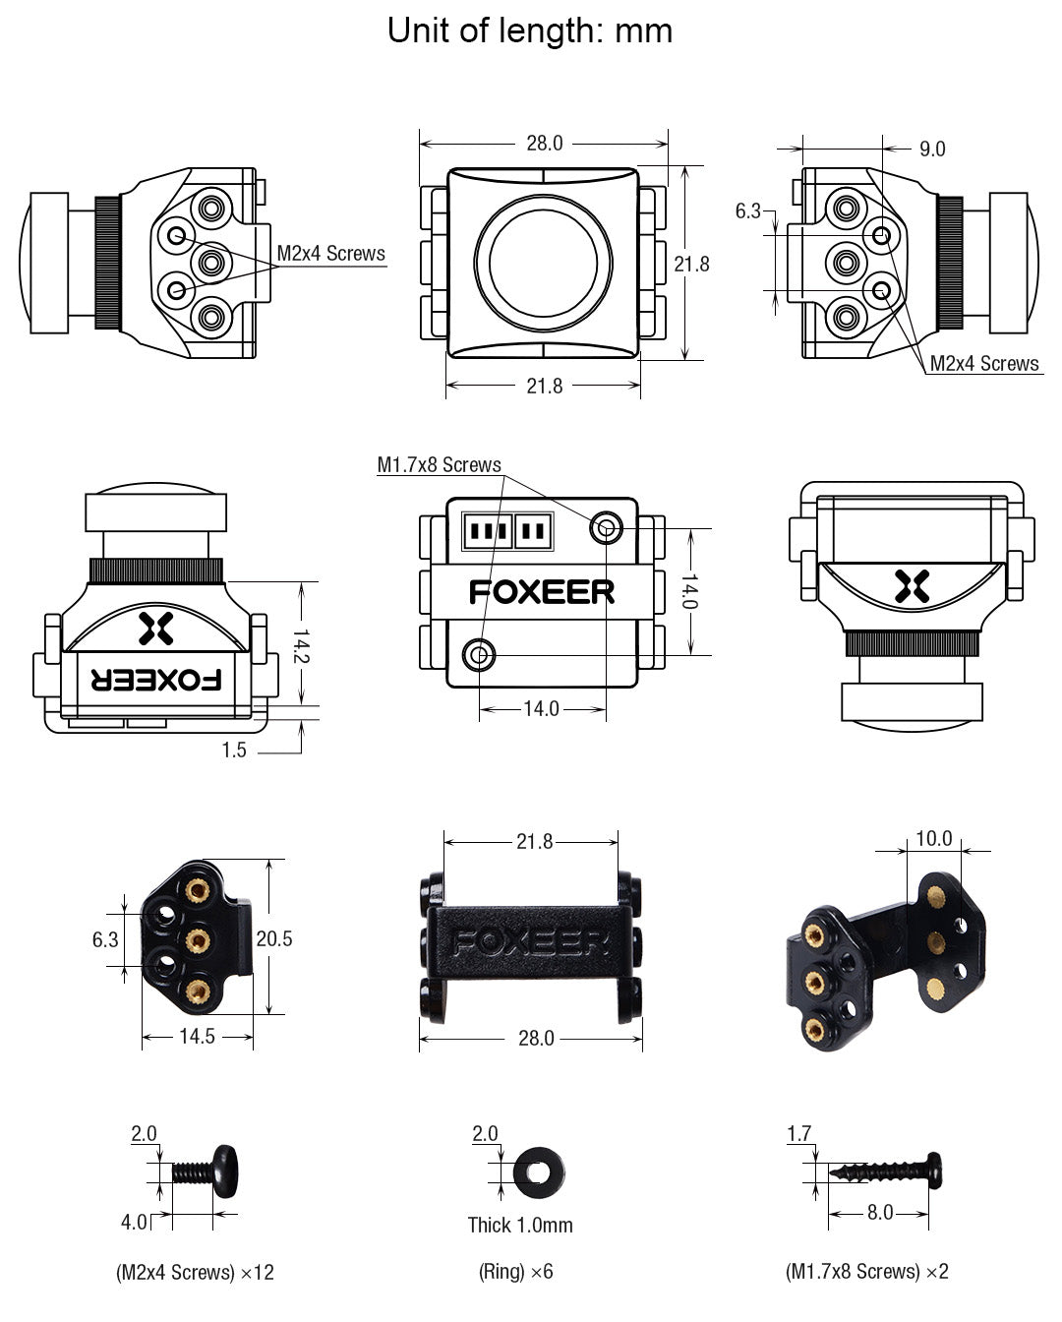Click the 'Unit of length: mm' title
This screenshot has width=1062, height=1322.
pyautogui.click(x=530, y=30)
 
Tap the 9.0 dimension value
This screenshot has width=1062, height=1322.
pyautogui.click(x=931, y=149)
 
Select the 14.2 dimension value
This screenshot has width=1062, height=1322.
pyautogui.click(x=301, y=645)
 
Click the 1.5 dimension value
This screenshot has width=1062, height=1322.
pyautogui.click(x=234, y=751)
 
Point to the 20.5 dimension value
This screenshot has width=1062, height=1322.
pyautogui.click(x=274, y=939)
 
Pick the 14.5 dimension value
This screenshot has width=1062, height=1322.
pyautogui.click(x=197, y=1036)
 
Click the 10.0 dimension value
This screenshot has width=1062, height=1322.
pyautogui.click(x=933, y=838)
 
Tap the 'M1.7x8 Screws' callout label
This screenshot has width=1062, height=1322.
pyautogui.click(x=439, y=465)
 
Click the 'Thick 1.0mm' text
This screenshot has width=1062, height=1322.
pyautogui.click(x=519, y=1225)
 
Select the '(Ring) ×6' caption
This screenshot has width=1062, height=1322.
pyautogui.click(x=516, y=1272)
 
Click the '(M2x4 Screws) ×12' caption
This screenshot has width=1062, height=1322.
pyautogui.click(x=195, y=1272)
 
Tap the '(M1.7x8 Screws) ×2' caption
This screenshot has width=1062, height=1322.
pyautogui.click(x=866, y=1272)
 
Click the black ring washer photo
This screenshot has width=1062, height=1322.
pyautogui.click(x=538, y=1171)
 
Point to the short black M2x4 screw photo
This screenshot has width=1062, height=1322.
pyautogui.click(x=206, y=1172)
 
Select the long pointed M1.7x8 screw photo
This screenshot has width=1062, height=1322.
pyautogui.click(x=886, y=1171)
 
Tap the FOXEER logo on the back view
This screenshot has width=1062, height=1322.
pyautogui.click(x=542, y=592)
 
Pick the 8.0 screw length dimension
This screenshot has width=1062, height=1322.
pyautogui.click(x=879, y=1213)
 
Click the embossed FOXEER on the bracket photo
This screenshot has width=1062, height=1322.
pyautogui.click(x=531, y=943)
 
